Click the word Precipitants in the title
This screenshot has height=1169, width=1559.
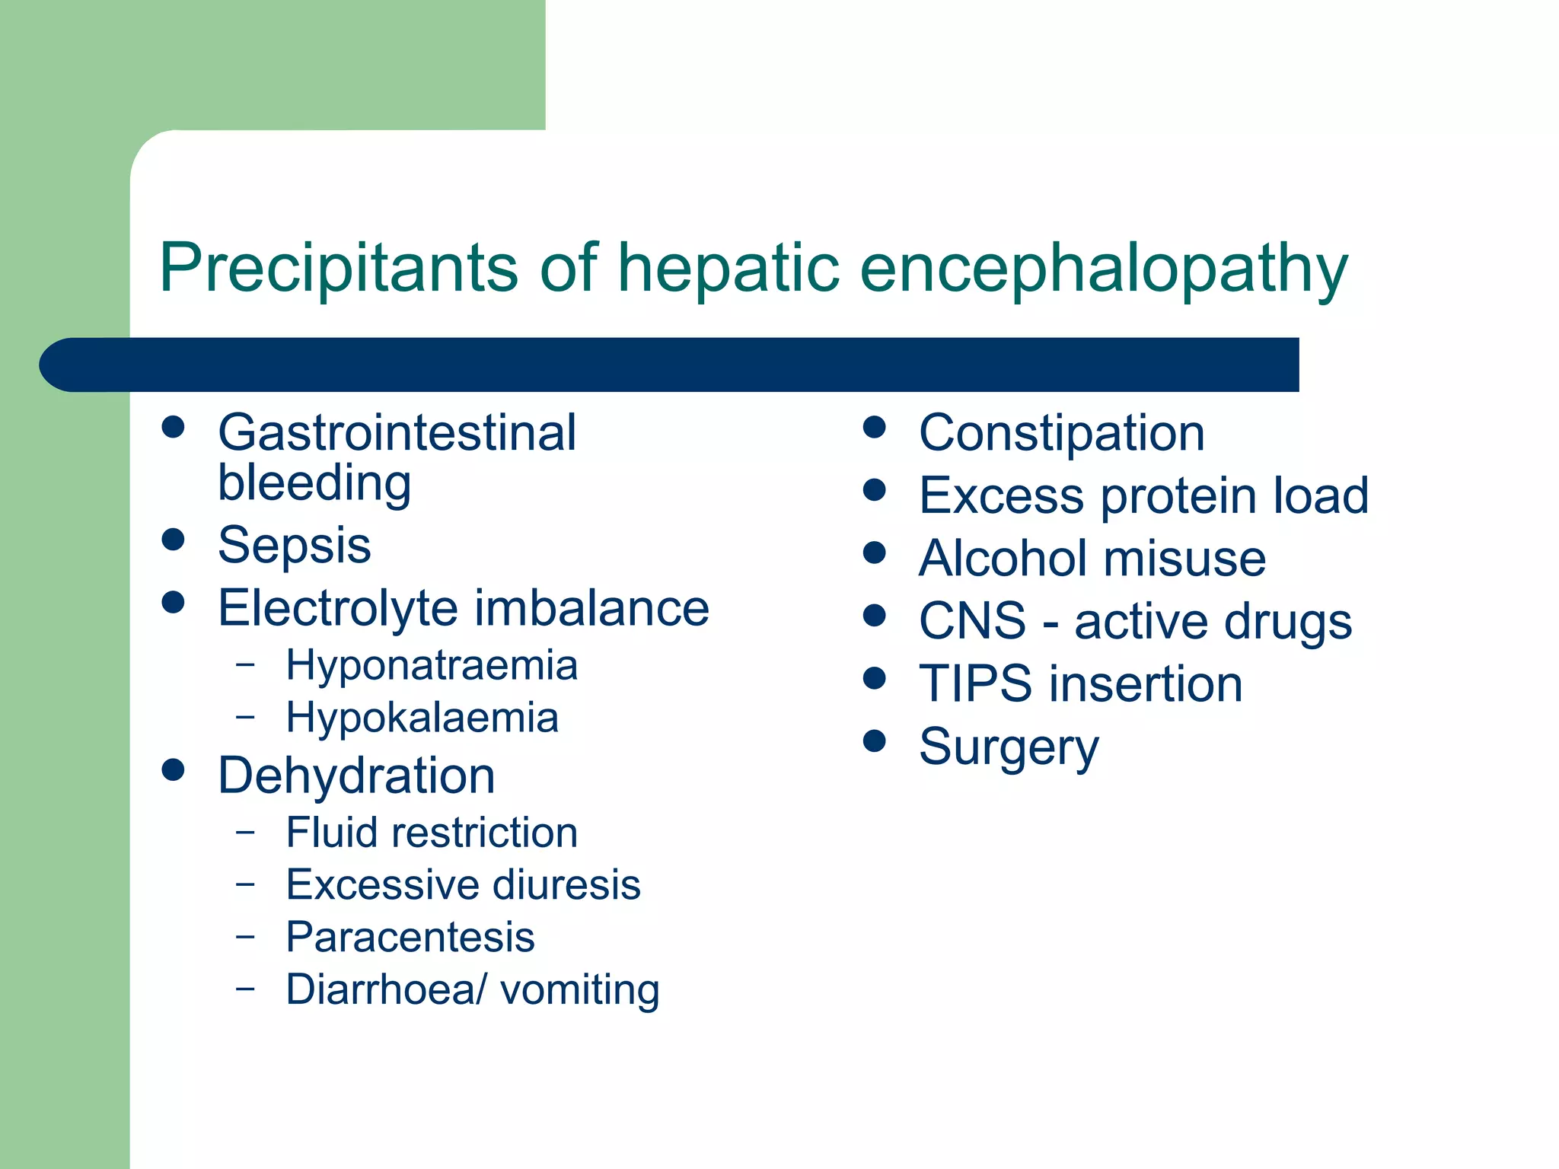point(339,268)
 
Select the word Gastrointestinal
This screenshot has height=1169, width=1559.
point(397,433)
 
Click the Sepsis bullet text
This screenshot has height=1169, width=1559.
point(295,546)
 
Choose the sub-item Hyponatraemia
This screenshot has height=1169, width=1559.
point(432,666)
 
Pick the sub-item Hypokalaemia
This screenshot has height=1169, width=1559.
point(422,718)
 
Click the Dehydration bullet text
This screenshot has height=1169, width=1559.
point(356,776)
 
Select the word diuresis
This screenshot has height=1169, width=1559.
point(566,885)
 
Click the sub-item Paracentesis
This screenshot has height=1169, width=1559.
point(410,938)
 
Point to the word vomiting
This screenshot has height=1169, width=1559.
point(579,990)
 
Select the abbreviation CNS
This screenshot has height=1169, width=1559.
point(972,621)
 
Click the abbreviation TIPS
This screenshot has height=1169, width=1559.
point(976,684)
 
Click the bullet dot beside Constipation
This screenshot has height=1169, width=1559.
point(875,427)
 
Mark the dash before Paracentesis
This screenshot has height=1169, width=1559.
point(245,936)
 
